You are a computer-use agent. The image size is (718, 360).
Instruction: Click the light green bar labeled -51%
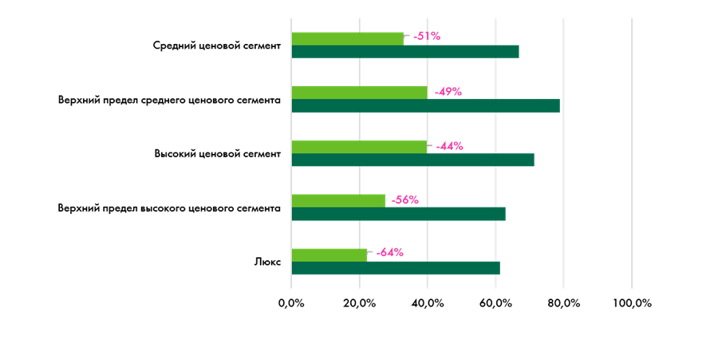(x=347, y=38)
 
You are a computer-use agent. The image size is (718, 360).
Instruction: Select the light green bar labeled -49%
(x=359, y=93)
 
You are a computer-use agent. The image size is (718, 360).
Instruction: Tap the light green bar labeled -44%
(x=359, y=147)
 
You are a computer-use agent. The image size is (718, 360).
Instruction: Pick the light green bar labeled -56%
(x=338, y=200)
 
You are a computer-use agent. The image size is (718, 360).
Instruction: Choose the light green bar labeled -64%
(x=329, y=255)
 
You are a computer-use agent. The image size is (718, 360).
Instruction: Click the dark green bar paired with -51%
(x=405, y=52)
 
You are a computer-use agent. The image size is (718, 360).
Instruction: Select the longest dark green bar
(x=425, y=106)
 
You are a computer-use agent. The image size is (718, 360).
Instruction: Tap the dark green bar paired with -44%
(x=412, y=160)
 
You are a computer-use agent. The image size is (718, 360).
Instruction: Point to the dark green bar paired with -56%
(x=398, y=214)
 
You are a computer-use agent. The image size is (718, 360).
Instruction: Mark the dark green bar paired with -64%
(x=396, y=268)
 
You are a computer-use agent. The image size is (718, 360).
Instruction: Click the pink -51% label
(x=427, y=36)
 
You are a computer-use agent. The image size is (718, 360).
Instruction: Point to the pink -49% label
(x=448, y=92)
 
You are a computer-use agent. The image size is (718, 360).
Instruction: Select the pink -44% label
(x=450, y=146)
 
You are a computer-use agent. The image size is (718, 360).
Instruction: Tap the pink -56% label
(x=405, y=200)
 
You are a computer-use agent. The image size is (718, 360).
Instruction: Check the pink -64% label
(x=390, y=252)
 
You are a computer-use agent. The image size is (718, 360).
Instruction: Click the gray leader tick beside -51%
(x=407, y=36)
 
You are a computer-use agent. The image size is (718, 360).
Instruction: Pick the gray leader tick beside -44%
(x=430, y=146)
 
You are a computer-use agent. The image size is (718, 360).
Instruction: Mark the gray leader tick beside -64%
(x=370, y=252)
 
